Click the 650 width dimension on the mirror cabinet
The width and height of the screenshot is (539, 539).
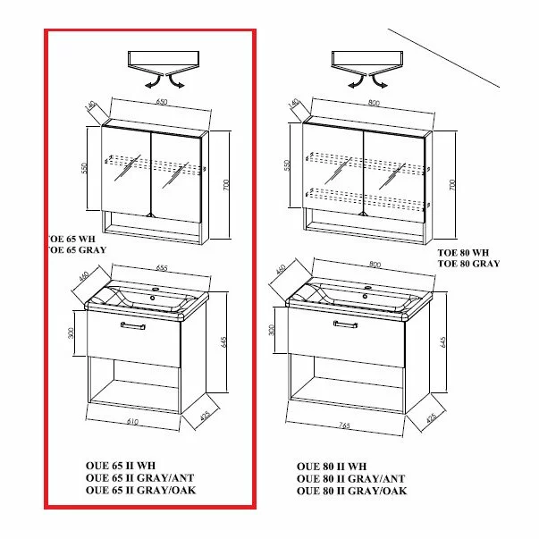click(x=162, y=103)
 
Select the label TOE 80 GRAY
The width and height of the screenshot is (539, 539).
click(x=467, y=265)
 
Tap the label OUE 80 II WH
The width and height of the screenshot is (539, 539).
click(x=331, y=467)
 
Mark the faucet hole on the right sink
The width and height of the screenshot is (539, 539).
click(x=366, y=290)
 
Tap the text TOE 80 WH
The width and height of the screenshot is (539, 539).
click(x=463, y=253)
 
